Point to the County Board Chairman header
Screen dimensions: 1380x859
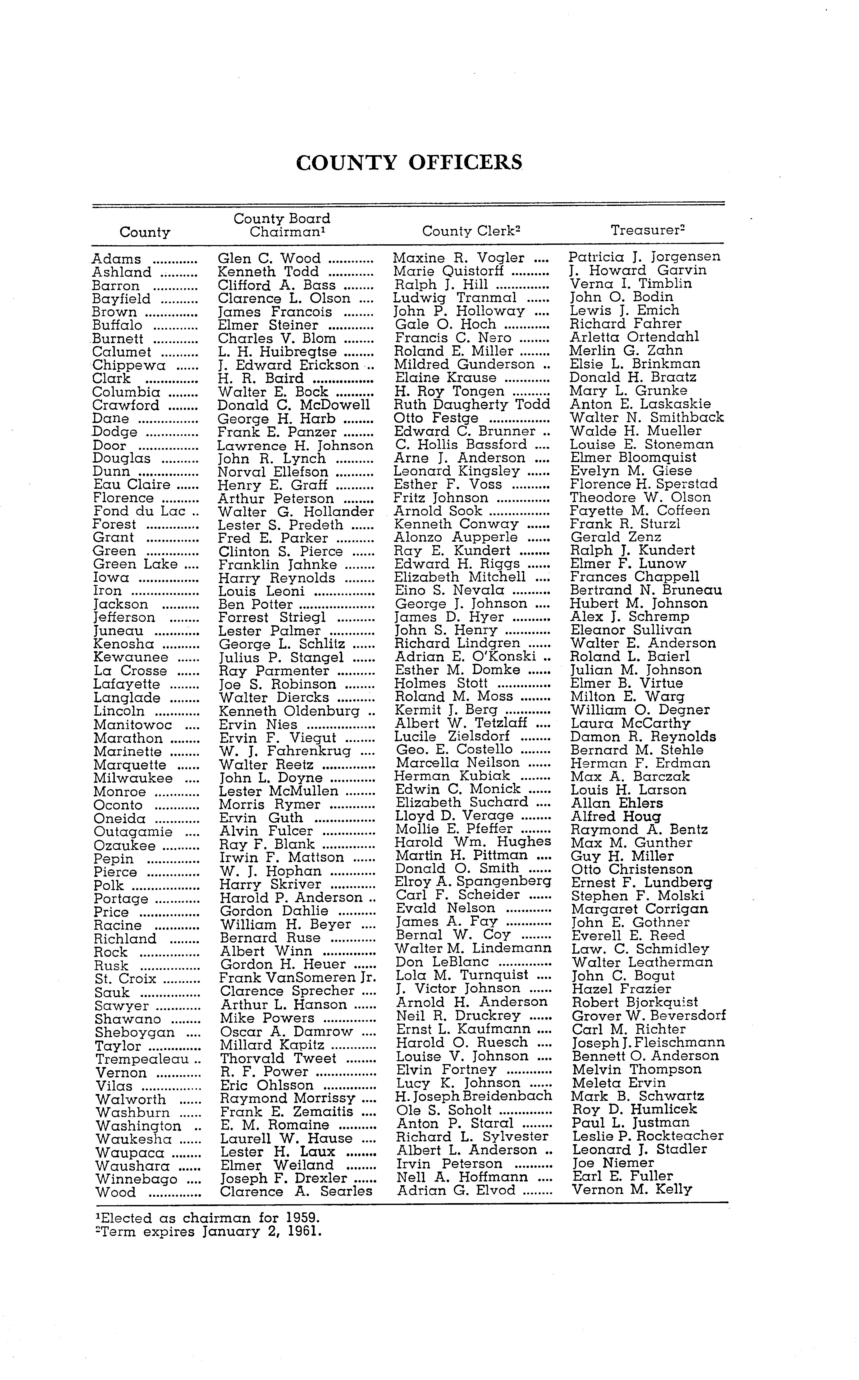pos(282,225)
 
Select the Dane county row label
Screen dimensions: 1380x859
pos(111,418)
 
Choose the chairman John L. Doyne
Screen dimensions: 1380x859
pos(271,778)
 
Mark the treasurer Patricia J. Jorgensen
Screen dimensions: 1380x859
pos(645,257)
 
